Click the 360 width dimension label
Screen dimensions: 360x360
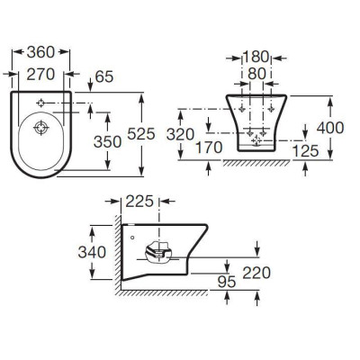coord(40,52)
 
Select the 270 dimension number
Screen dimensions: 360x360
coord(40,75)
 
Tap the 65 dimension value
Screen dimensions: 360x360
coord(104,76)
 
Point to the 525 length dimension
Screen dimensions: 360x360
coord(141,134)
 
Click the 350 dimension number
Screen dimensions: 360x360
coord(107,141)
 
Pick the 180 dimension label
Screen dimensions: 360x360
coord(256,57)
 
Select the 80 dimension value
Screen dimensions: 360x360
coord(257,74)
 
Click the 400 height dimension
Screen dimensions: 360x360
coord(330,128)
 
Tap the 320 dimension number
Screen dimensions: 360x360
coord(180,134)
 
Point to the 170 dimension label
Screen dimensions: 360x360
coord(209,148)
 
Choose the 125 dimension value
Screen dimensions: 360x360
coord(305,151)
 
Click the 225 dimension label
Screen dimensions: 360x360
coord(139,202)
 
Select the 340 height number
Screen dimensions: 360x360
coord(92,252)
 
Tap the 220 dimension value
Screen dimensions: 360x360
coord(256,273)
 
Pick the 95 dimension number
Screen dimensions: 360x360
coord(227,283)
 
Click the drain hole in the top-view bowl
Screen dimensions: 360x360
coord(41,128)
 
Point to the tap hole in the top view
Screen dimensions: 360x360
coord(40,103)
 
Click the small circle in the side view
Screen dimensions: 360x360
coord(133,238)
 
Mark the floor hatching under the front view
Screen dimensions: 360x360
coord(256,163)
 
